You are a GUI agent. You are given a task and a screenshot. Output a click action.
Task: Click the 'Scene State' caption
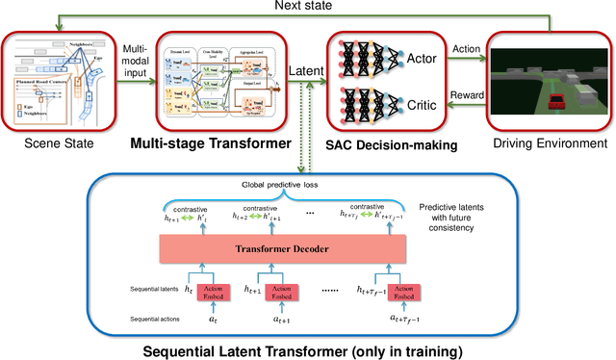coord(52,143)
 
